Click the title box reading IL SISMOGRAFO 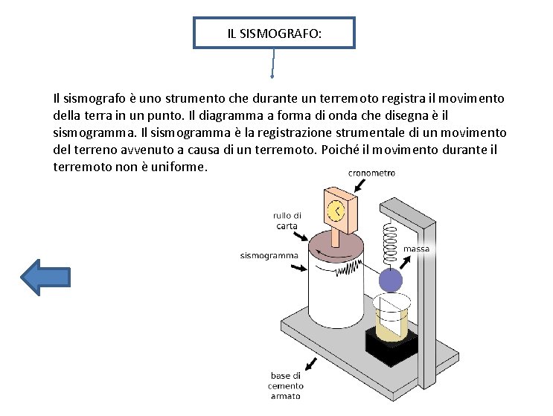click(275, 33)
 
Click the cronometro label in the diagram click(371, 173)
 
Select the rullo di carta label click(287, 221)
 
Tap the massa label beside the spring click(416, 249)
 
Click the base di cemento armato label click(287, 385)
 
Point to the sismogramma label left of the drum click(269, 255)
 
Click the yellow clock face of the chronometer click(336, 211)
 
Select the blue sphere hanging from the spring click(390, 281)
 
